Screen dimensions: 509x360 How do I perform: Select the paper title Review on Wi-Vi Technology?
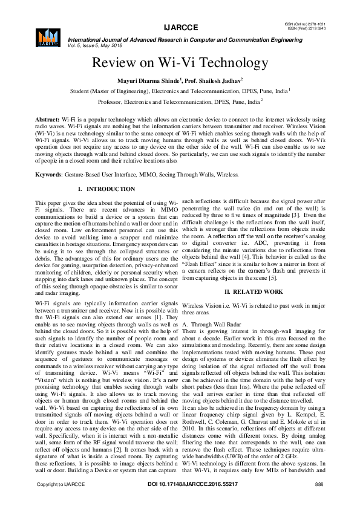[x=180, y=63]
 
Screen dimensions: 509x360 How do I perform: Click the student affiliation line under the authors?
[x=180, y=91]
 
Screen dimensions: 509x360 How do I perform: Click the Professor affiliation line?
[x=180, y=102]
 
